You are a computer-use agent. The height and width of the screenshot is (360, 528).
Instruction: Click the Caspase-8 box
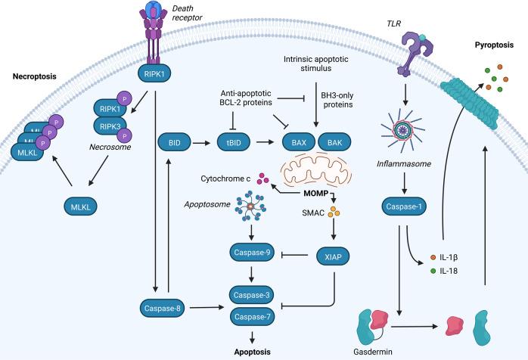(x=162, y=307)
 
